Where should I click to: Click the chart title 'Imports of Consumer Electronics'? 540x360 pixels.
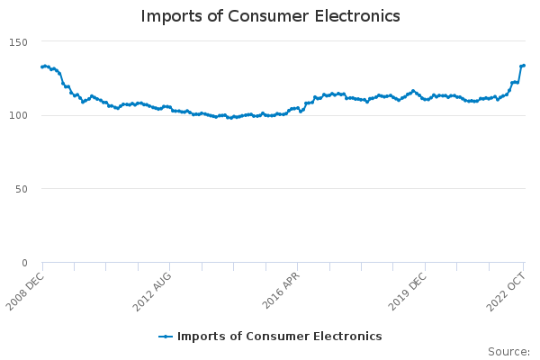coord(270,17)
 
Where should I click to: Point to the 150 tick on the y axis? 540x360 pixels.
coord(19,42)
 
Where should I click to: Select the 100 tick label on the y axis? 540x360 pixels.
coord(19,115)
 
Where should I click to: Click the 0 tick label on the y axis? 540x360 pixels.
coord(24,263)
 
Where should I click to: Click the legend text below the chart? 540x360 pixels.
coord(279,337)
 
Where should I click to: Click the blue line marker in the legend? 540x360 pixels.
coord(166,337)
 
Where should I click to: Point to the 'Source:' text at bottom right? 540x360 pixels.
coord(508,351)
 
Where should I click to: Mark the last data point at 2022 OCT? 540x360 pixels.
coord(524,65)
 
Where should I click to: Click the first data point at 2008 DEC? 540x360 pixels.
coord(42,67)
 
